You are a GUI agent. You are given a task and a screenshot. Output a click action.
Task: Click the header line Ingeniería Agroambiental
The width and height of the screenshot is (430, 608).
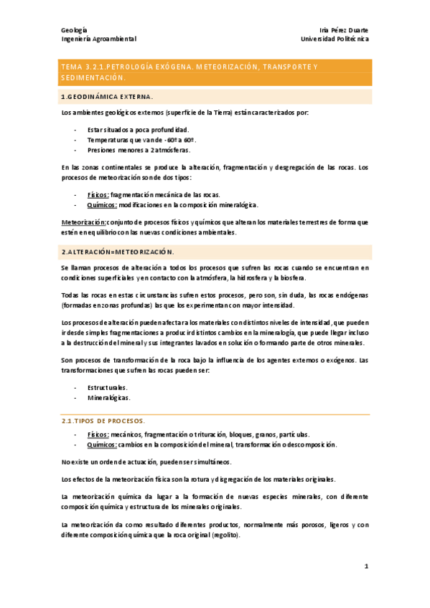98,39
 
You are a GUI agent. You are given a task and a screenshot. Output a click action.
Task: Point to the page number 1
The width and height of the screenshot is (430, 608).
365,566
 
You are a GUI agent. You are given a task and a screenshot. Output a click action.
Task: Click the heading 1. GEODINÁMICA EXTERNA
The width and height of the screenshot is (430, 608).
108,96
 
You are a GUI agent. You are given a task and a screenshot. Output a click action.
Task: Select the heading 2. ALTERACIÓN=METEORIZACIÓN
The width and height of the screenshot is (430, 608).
118,252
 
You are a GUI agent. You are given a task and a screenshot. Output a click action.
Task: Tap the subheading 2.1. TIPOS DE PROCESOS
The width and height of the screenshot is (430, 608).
104,420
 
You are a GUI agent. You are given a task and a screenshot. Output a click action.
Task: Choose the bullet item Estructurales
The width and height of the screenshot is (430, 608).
108,387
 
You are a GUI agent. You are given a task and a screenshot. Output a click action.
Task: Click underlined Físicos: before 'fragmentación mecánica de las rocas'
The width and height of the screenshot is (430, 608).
98,194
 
